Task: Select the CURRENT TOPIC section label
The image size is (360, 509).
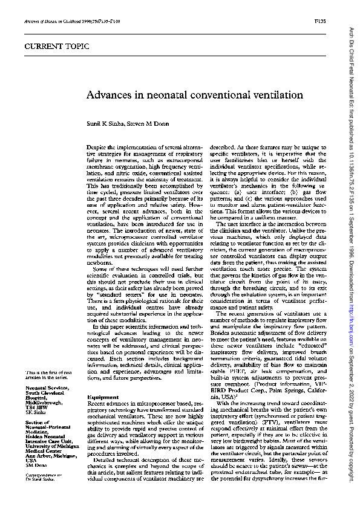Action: (x=48, y=46)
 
